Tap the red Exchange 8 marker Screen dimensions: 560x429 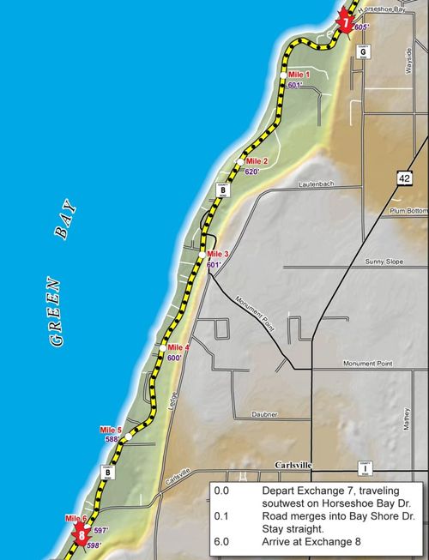tap(82, 537)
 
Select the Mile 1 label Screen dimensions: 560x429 tap(299, 76)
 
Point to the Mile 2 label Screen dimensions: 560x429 tap(257, 161)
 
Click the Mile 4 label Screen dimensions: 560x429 tap(178, 347)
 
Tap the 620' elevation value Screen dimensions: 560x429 tap(252, 172)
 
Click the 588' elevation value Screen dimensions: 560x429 tap(112, 439)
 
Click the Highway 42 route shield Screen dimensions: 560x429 tap(404, 177)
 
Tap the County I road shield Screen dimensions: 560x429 tap(366, 468)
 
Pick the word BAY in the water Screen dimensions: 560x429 tap(64, 221)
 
